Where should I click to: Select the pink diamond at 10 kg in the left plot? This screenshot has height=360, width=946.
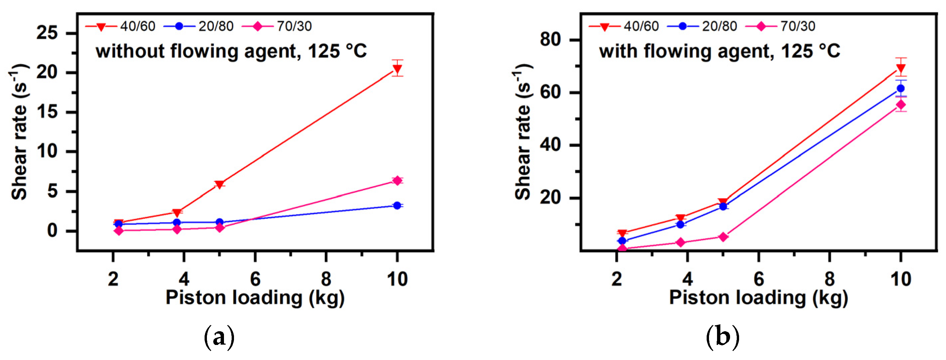[x=397, y=181]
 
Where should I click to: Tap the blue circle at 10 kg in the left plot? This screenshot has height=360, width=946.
[x=397, y=205]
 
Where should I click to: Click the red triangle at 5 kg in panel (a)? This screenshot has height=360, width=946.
[x=220, y=185]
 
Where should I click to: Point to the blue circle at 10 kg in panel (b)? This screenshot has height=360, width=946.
[x=901, y=89]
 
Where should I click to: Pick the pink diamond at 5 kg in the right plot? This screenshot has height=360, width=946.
[x=723, y=237]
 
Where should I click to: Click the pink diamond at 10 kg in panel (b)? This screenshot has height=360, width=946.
[x=901, y=105]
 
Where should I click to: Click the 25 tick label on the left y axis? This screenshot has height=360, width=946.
[x=47, y=33]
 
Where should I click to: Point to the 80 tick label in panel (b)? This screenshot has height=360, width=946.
[x=551, y=39]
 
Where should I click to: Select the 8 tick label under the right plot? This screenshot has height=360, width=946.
[x=830, y=279]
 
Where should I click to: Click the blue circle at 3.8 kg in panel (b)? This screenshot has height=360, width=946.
[x=680, y=224]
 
